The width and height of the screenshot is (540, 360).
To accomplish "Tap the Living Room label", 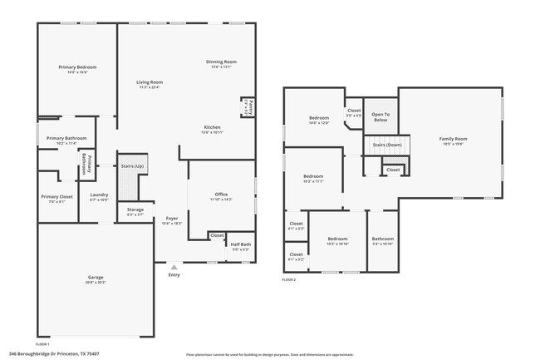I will (x=150, y=82).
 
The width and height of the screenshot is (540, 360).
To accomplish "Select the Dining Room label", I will (x=222, y=62).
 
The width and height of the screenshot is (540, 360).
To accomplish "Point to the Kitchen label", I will (x=212, y=127).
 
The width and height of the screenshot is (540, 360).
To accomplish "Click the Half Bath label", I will (x=241, y=244).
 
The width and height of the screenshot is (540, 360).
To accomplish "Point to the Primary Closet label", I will (x=56, y=197).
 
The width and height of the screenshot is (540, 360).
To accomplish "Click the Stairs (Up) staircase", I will (x=132, y=175).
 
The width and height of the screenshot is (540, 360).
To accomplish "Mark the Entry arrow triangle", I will (x=174, y=267).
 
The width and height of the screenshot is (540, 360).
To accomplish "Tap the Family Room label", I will (x=453, y=138).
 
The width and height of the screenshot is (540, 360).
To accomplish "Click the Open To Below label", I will (x=380, y=117).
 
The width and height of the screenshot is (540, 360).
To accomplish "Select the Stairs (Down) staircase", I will (x=387, y=145).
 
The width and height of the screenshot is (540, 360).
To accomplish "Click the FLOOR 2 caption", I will (x=288, y=280).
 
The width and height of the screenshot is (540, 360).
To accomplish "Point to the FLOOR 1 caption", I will (x=42, y=343).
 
